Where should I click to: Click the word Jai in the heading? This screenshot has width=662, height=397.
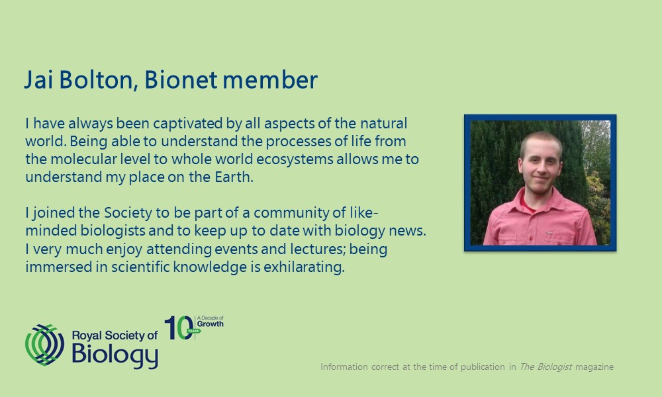click(x=39, y=79)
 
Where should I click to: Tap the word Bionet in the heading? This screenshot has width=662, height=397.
click(x=181, y=79)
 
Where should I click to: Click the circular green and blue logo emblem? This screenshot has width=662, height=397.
click(x=45, y=345)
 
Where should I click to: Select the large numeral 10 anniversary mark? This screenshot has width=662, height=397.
click(x=179, y=328)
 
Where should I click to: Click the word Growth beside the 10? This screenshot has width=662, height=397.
click(x=211, y=324)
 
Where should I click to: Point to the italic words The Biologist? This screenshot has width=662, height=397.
click(x=545, y=367)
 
